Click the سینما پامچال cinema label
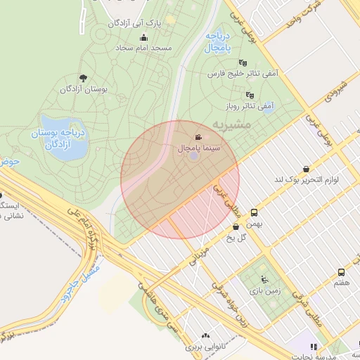[200, 149]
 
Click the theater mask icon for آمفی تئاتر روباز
[249, 95]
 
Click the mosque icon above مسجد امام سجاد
[143, 38]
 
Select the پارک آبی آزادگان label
[135, 23]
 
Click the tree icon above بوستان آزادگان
[83, 78]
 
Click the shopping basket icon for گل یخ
[236, 226]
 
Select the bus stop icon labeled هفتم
[341, 272]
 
